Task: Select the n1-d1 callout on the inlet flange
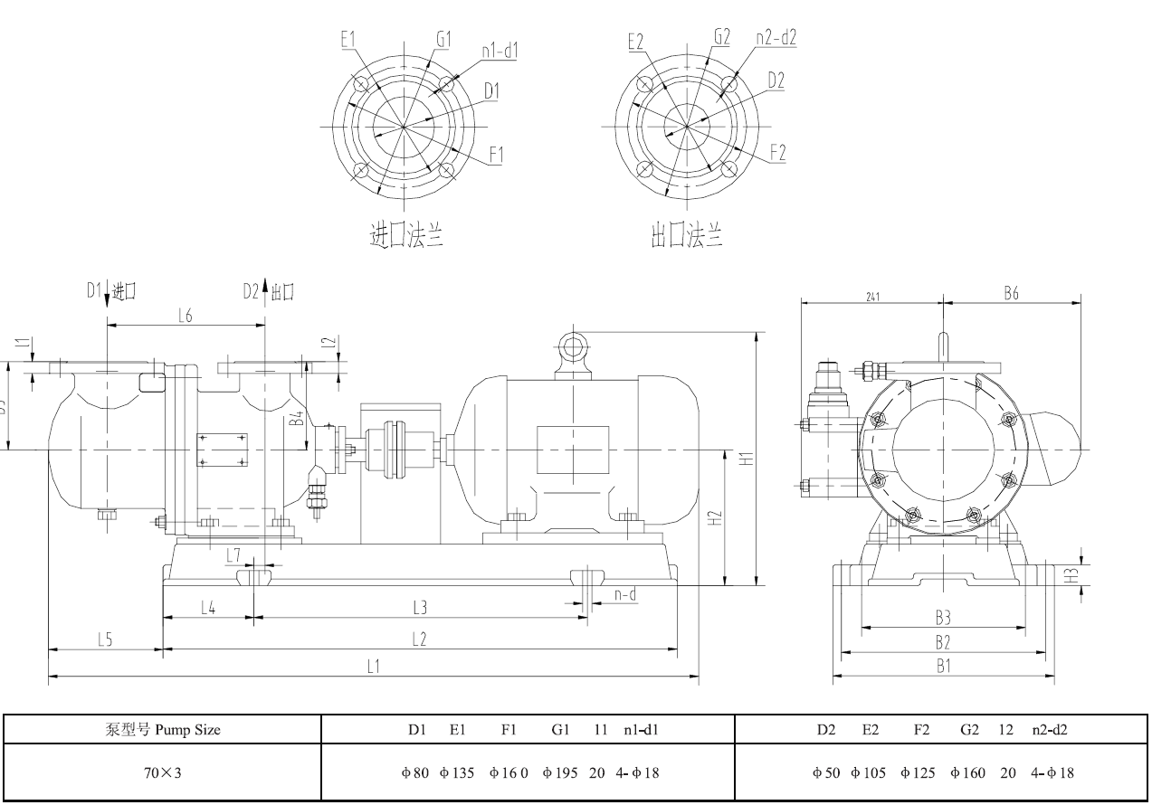(x=499, y=52)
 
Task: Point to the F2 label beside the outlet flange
(x=776, y=153)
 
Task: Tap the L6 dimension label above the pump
(x=186, y=315)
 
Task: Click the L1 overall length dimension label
(x=373, y=667)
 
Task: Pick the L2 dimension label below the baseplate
(x=419, y=639)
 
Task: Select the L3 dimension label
(x=419, y=607)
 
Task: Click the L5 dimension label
(x=104, y=639)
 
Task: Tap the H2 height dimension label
(x=714, y=518)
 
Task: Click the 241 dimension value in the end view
(x=872, y=296)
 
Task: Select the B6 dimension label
(x=1013, y=294)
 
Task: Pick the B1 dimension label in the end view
(x=943, y=667)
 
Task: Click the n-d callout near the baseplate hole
(x=624, y=594)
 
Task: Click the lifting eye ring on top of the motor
(x=573, y=345)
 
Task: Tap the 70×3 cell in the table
(x=162, y=773)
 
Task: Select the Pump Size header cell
(x=162, y=730)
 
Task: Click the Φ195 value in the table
(x=558, y=773)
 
